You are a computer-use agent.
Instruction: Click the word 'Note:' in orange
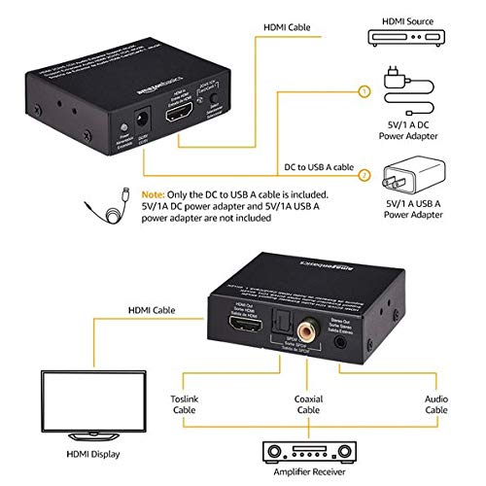click(154, 192)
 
